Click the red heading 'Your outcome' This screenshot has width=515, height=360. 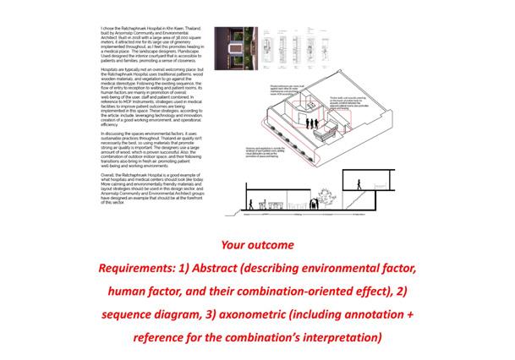coord(257,246)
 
